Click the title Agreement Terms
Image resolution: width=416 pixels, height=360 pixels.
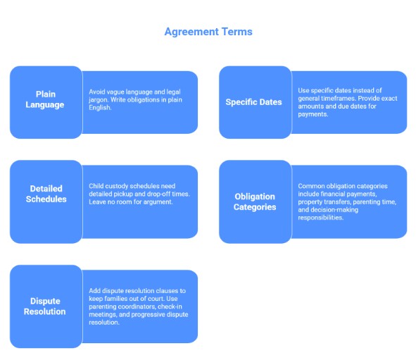(208, 32)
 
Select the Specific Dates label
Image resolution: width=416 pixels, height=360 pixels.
(253, 102)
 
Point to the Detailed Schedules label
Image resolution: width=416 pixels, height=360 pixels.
(46, 194)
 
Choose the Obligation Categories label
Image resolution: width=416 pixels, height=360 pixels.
(255, 201)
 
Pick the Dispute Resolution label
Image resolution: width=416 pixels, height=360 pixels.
(45, 306)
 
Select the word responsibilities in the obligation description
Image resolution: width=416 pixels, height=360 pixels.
(321, 218)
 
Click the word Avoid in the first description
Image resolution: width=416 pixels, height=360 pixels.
(96, 92)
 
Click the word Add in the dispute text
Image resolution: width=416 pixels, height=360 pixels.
(94, 290)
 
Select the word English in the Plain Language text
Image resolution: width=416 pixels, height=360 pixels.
(101, 108)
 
